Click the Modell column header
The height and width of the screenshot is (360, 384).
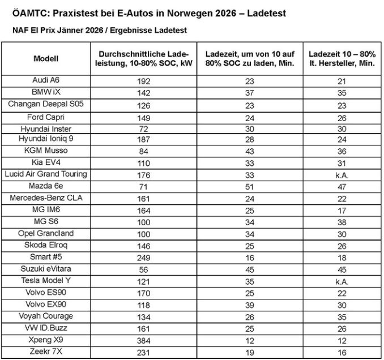46,58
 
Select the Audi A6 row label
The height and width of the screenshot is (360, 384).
46,80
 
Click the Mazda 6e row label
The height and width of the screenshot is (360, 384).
46,185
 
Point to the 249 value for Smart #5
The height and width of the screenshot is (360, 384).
144,258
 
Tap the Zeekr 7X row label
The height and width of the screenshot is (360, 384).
46,352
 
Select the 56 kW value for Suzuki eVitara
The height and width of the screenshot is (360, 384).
144,269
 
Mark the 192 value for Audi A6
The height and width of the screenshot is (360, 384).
144,81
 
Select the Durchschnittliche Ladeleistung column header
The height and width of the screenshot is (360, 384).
144,58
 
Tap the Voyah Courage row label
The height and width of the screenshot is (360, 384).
46,316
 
